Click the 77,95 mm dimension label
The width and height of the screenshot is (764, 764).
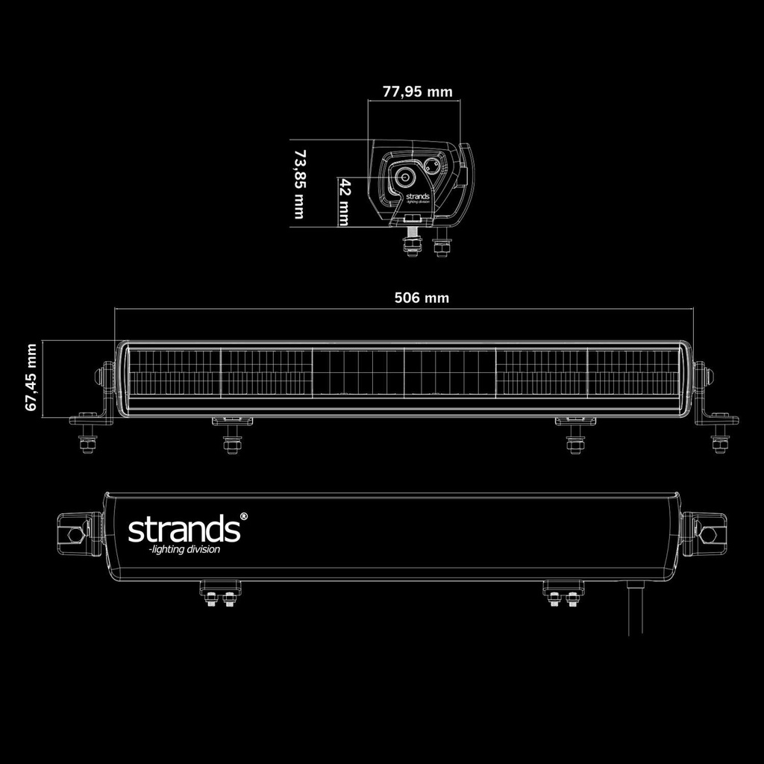(x=417, y=92)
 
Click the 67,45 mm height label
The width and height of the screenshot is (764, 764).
(x=31, y=378)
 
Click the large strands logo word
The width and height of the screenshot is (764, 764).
(x=182, y=530)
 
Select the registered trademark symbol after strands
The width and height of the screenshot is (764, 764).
(x=242, y=516)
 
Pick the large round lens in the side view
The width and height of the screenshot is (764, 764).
(x=406, y=178)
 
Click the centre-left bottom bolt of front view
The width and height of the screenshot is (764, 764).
(x=231, y=444)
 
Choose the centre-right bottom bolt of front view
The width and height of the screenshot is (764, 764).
(x=574, y=444)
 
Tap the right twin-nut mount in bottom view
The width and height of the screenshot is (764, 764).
(x=563, y=596)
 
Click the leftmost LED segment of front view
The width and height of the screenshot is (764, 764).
(x=175, y=372)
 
